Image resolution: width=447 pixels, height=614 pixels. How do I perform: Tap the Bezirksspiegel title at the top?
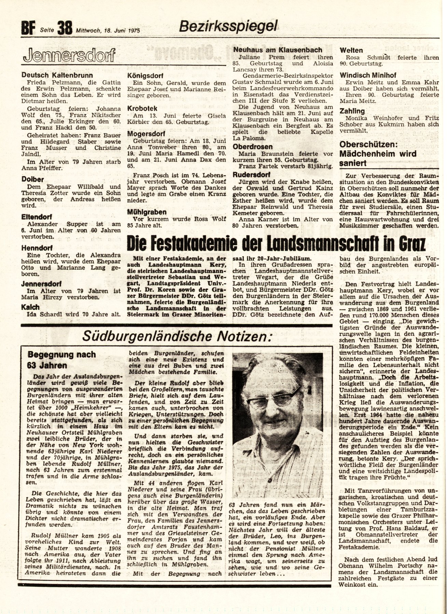point(228,25)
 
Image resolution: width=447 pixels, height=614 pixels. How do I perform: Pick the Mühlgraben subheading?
point(146,212)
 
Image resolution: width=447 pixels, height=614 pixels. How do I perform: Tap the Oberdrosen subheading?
point(253,147)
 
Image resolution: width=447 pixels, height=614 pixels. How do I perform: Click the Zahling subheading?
point(352,111)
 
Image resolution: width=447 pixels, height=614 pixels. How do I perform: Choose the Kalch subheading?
point(30,307)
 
